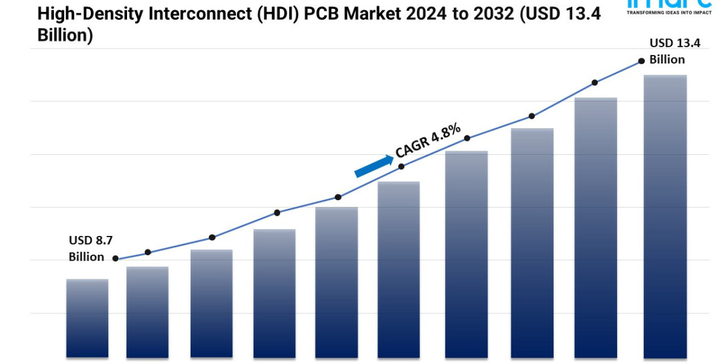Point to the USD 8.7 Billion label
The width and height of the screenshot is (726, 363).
[x=87, y=249]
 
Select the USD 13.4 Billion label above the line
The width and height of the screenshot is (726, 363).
[x=667, y=51]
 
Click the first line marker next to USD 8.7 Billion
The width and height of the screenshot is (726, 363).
[x=116, y=258]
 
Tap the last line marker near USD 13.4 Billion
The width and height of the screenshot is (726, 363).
[x=641, y=61]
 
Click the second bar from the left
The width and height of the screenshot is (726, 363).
[x=148, y=312]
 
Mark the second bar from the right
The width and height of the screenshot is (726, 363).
[x=596, y=227]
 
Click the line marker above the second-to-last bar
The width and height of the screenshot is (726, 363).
[x=595, y=82]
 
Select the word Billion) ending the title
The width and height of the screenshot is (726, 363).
[x=65, y=35]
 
